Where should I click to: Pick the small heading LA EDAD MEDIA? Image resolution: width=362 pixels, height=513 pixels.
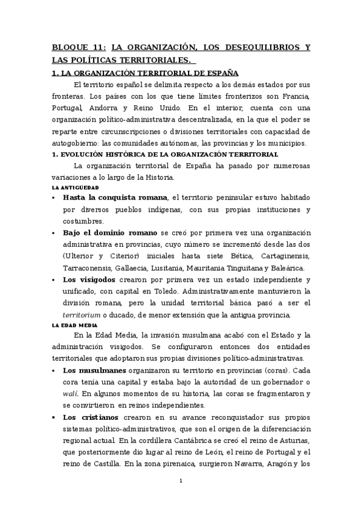(x=74, y=325)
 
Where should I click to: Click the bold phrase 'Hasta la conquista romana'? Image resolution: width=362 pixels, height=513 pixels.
(x=115, y=198)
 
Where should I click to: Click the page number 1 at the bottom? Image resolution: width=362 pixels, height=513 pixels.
(x=181, y=482)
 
